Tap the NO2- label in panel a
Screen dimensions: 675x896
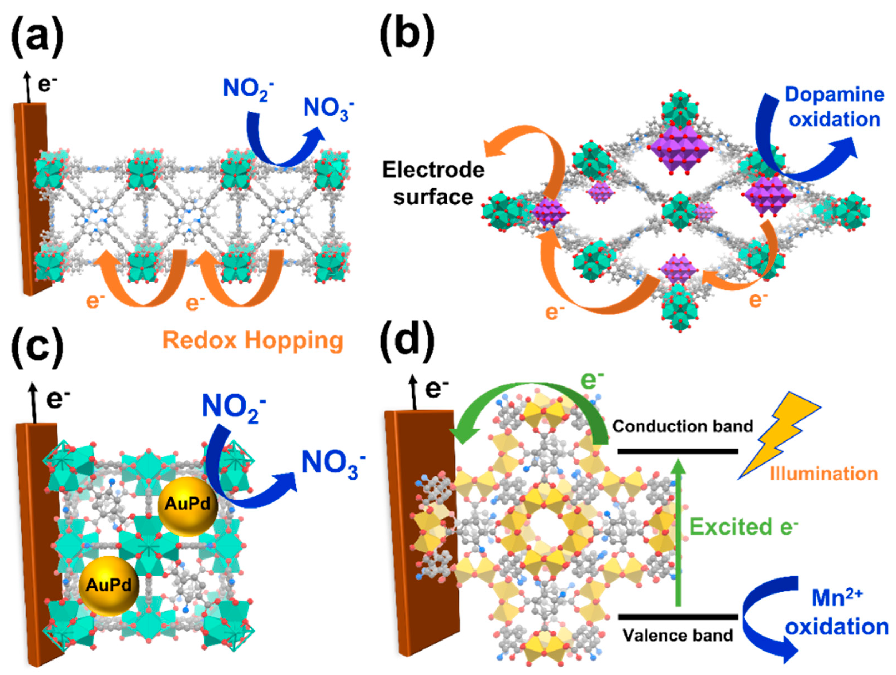tap(247, 88)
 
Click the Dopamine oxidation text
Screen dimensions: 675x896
tap(834, 107)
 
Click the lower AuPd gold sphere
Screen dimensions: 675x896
tap(108, 585)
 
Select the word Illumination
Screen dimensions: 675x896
tap(824, 474)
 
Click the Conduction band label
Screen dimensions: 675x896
tap(682, 426)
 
